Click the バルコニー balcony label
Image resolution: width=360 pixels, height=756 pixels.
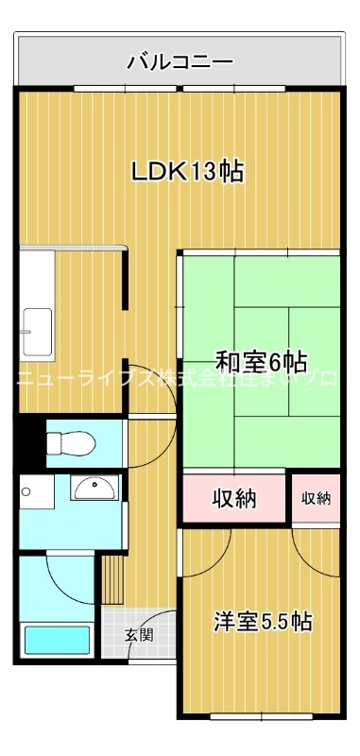click(x=180, y=63)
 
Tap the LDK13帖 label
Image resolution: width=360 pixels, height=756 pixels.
click(x=187, y=171)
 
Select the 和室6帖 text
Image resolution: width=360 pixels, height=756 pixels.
click(x=261, y=362)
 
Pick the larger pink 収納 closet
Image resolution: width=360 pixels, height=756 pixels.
click(x=233, y=498)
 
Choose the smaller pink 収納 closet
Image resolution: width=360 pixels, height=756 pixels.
click(x=316, y=498)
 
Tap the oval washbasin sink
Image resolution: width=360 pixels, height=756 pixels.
click(x=94, y=488)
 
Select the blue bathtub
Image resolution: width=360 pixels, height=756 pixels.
click(x=58, y=640)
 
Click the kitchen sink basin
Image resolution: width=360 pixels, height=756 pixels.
click(x=40, y=333)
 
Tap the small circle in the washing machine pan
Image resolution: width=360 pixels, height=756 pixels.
click(x=28, y=491)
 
